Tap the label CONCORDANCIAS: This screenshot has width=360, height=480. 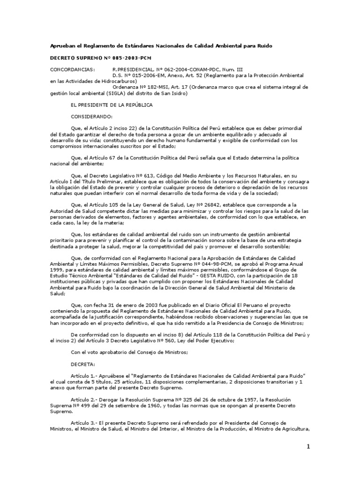coord(72,69)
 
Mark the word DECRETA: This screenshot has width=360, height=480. coord(82,364)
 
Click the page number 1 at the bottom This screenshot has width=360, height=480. coord(309,447)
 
